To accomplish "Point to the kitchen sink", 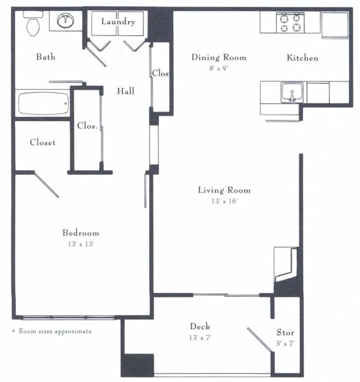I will tap(290, 91).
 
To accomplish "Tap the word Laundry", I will tap(117, 22).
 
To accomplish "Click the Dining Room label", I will tap(219, 57).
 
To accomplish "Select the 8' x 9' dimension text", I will tap(219, 68).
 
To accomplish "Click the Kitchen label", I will tap(302, 58).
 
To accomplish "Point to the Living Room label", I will tap(224, 190).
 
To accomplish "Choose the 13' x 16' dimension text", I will tap(224, 201).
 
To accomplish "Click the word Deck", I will tap(200, 327).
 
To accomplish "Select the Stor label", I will tap(285, 333).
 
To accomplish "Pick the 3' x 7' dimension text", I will tap(285, 344).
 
